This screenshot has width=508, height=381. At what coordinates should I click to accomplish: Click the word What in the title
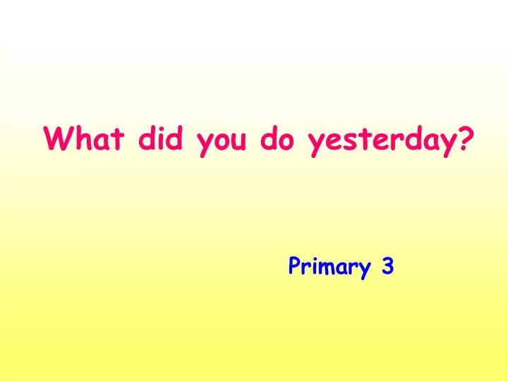click(x=85, y=139)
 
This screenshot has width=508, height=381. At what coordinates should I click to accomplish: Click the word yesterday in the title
click(x=382, y=141)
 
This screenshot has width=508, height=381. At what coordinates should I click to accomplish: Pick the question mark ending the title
click(x=466, y=139)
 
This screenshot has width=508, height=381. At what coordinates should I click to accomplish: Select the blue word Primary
click(x=329, y=267)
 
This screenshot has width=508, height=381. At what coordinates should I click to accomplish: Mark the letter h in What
click(x=81, y=139)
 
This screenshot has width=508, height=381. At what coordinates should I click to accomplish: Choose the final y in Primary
click(x=364, y=270)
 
